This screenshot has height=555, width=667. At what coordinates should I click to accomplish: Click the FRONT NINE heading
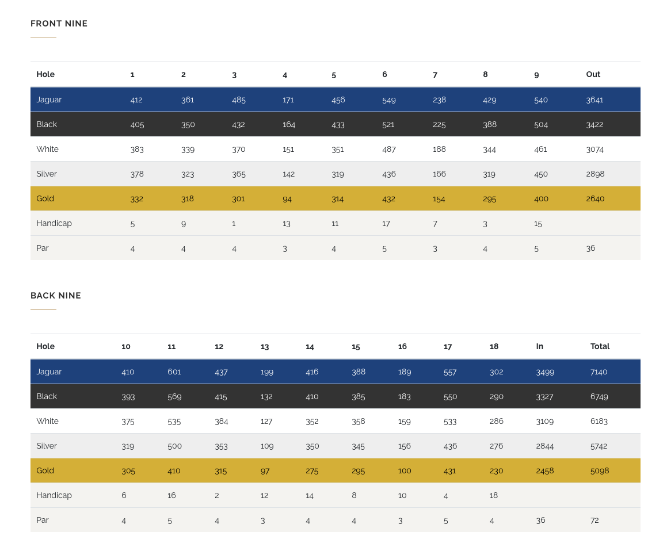[x=59, y=24]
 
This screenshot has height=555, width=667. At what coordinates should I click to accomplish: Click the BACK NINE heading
[x=56, y=296]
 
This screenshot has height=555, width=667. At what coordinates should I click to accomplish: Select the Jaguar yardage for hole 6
[x=389, y=99]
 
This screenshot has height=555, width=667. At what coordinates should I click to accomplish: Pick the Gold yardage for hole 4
[x=286, y=198]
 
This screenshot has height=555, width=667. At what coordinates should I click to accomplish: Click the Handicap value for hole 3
[x=234, y=223]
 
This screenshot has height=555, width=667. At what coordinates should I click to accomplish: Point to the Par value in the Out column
[x=590, y=248]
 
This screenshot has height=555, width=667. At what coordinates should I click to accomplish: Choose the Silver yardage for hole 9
[x=541, y=174]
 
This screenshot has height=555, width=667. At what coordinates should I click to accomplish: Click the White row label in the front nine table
[x=47, y=149]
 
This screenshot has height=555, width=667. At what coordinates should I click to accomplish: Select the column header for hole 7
[x=435, y=74]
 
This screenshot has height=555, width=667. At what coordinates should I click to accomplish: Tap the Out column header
[x=593, y=74]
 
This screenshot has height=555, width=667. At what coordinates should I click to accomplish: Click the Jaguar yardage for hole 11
[x=174, y=372]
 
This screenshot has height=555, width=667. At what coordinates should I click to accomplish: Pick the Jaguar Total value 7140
[x=599, y=372]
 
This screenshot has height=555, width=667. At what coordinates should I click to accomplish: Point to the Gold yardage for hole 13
[x=266, y=470]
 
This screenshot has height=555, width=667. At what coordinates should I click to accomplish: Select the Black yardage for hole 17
[x=450, y=396]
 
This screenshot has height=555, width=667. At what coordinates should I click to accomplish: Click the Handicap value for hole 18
[x=493, y=495]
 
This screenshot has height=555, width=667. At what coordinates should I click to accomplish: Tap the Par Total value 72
[x=594, y=520]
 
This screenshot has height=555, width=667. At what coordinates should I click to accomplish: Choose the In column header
[x=539, y=346]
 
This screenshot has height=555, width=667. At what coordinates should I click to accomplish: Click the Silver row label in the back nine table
[x=47, y=446]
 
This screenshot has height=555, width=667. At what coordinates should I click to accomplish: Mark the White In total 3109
[x=544, y=421]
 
